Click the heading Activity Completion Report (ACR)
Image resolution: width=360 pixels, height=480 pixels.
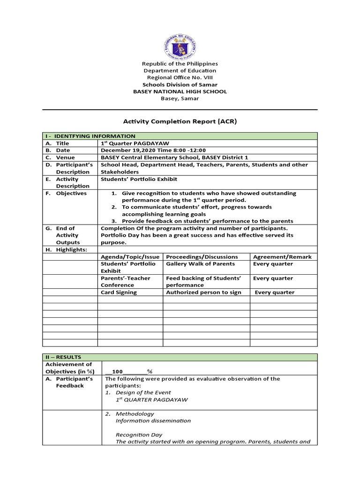180,121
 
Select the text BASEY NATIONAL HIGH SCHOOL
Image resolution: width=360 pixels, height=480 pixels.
180,91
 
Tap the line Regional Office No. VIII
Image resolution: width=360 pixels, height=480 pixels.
180,77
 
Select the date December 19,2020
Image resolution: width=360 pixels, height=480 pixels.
126,150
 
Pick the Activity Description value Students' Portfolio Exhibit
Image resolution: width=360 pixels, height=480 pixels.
139,179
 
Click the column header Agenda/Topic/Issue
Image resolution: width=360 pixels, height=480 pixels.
130,256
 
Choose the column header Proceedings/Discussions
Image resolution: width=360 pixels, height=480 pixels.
202,256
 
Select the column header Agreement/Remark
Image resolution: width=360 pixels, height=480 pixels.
282,256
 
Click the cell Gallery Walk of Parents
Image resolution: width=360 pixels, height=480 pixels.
201,263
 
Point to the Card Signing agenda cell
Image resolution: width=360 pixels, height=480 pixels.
119,292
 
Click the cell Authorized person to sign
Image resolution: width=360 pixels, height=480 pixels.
204,292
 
